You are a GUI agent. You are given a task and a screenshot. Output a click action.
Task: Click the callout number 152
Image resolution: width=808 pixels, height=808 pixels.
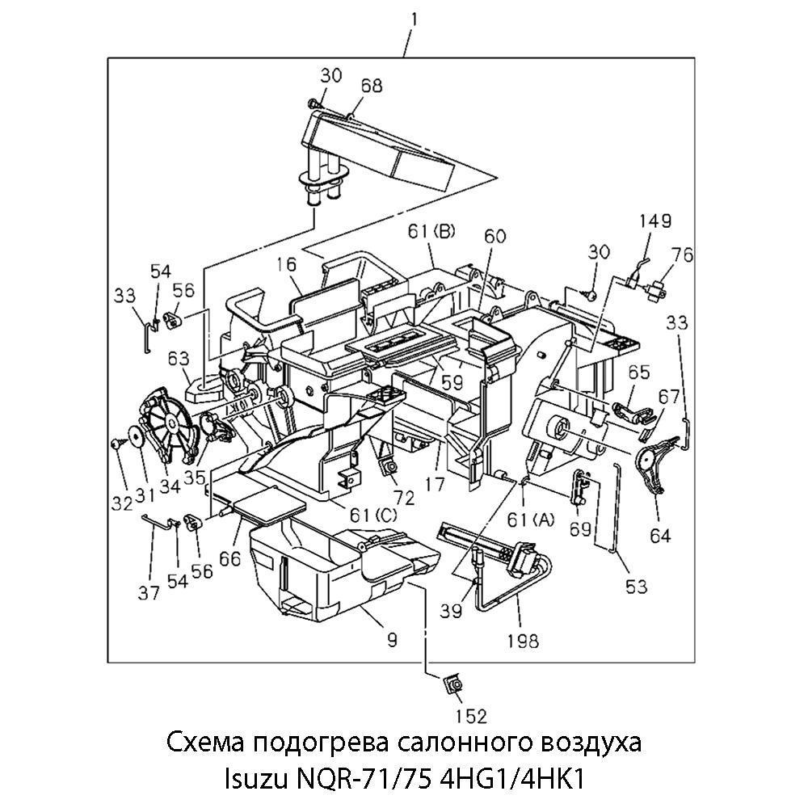coord(471,716)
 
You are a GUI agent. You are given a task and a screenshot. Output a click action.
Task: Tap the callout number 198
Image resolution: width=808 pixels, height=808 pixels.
coord(523,641)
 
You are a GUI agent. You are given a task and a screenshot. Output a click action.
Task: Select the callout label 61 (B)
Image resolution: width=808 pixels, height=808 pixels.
coord(431,232)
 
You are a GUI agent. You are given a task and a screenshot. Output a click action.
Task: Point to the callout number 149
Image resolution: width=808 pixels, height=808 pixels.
coord(655,221)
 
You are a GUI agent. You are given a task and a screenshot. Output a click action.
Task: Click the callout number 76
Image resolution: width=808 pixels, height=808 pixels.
coord(682,255)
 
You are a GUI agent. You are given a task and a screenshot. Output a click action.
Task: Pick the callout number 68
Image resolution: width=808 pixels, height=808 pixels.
coord(371,86)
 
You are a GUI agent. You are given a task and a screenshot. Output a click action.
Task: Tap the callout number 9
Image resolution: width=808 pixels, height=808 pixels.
coord(392,639)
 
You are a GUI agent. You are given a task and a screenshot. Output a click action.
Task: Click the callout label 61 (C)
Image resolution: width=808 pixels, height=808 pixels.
coord(373,514)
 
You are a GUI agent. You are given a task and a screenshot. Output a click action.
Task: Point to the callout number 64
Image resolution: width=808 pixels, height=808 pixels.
coord(660,536)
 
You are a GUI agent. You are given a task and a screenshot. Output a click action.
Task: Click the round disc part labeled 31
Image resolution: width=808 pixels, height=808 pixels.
coord(136,436)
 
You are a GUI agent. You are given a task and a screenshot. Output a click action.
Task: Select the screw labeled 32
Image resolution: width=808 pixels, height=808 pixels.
coord(116,443)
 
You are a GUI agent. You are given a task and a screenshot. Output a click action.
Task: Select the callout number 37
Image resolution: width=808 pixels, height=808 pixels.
coord(149,593)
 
